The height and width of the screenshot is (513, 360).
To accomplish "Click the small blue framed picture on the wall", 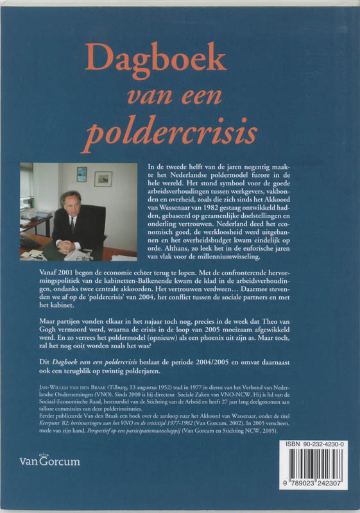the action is pyautogui.click(x=81, y=174).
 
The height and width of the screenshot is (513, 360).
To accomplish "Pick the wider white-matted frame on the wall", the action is pyautogui.click(x=103, y=179).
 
